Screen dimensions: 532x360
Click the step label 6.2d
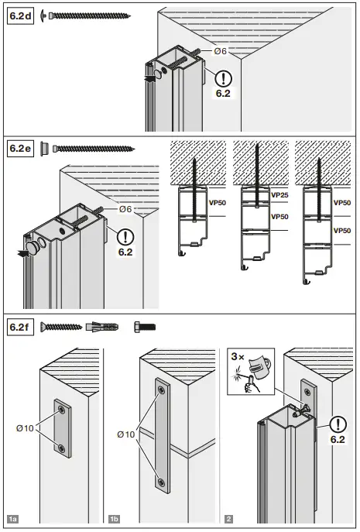(21, 15)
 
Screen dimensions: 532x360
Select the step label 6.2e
(21, 147)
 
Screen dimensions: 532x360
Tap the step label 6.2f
(20, 327)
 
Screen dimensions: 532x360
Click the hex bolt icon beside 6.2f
(146, 327)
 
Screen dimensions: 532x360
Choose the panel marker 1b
(115, 518)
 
